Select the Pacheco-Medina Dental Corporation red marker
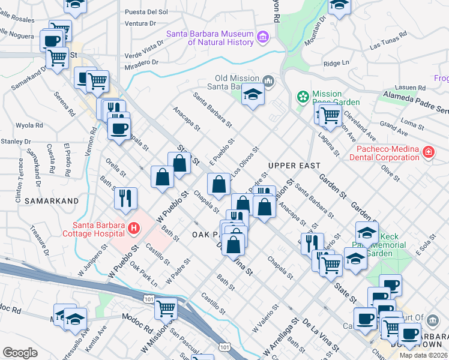(x=428, y=152)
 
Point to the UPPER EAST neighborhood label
(x=294, y=165)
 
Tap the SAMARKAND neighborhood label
(x=52, y=201)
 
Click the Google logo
(x=20, y=353)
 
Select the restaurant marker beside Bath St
(x=125, y=198)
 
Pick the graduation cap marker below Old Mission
(x=253, y=94)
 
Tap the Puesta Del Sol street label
(x=146, y=11)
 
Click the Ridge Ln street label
(x=336, y=63)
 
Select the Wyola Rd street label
(x=29, y=126)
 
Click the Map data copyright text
(x=423, y=355)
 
